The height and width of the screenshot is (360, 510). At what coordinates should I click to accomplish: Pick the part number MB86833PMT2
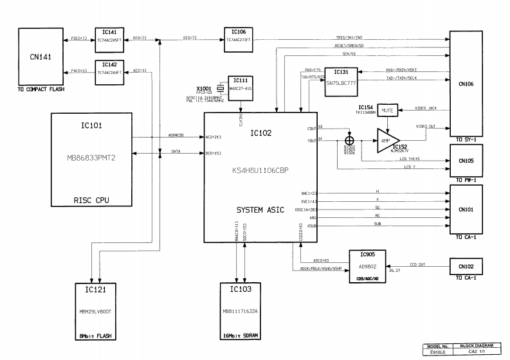91,158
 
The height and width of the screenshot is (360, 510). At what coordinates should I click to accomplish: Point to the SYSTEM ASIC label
261,211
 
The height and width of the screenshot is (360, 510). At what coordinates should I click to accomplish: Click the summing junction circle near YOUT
350,139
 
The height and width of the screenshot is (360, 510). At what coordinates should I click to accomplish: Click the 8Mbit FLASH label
91,336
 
